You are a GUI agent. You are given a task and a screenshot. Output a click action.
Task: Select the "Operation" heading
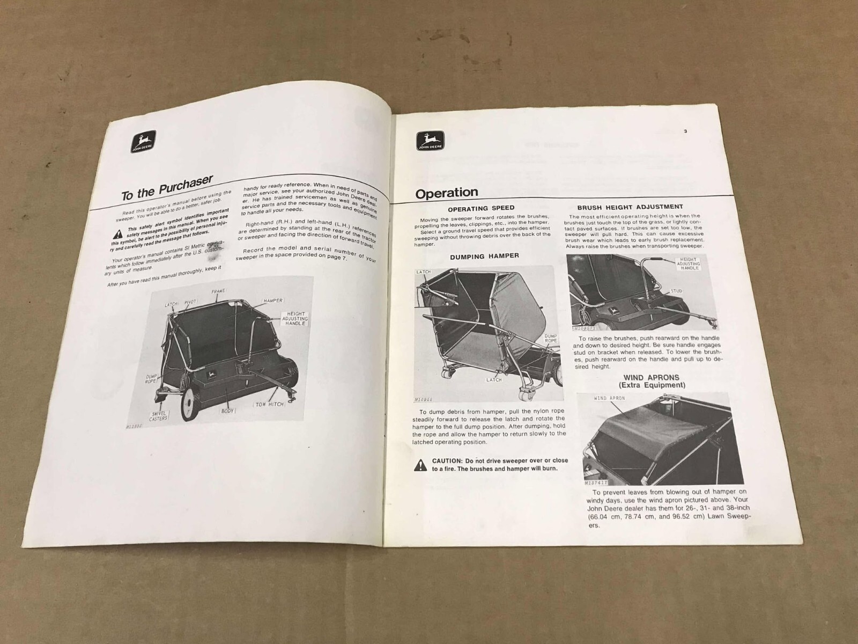pyautogui.click(x=447, y=193)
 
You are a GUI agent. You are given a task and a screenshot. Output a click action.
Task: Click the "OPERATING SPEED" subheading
pyautogui.click(x=481, y=208)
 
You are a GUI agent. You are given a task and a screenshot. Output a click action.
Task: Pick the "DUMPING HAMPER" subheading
pyautogui.click(x=484, y=256)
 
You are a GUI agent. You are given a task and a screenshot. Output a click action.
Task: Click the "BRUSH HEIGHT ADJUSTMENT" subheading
pyautogui.click(x=630, y=207)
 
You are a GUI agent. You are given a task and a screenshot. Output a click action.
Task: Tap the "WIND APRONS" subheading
pyautogui.click(x=652, y=377)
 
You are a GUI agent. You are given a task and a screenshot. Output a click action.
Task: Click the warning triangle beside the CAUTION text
pyautogui.click(x=420, y=465)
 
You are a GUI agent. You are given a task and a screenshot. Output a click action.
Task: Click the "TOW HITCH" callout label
pyautogui.click(x=269, y=404)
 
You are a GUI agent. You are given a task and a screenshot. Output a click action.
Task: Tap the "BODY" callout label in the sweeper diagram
pyautogui.click(x=227, y=411)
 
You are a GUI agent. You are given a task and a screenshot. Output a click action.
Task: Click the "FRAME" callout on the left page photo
pyautogui.click(x=218, y=291)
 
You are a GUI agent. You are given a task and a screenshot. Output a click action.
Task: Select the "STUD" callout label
pyautogui.click(x=676, y=291)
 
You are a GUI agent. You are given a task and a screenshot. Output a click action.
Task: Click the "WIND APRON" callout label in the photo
pyautogui.click(x=609, y=398)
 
